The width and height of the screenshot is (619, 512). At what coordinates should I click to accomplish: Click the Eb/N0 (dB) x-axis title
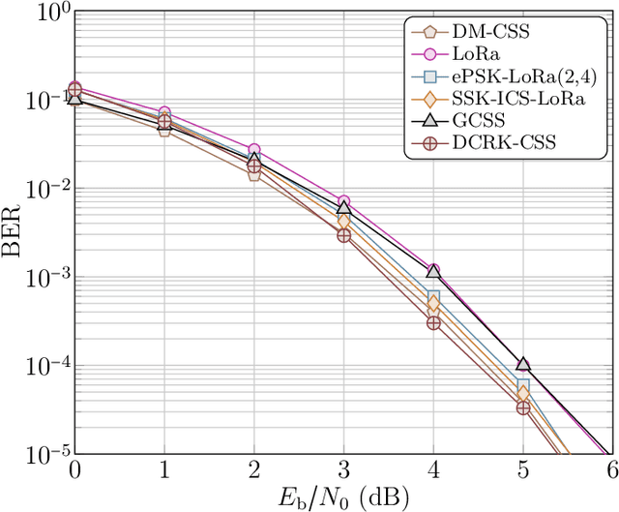click(x=341, y=498)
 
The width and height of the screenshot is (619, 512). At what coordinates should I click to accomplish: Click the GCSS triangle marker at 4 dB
click(x=433, y=271)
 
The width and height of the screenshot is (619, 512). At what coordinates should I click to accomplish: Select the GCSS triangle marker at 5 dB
click(x=522, y=364)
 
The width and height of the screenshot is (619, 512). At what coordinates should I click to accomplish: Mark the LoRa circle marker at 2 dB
click(x=253, y=150)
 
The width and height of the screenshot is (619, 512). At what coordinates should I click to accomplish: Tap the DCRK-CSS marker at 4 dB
click(x=433, y=323)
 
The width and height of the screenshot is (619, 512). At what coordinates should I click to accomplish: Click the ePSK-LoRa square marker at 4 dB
click(x=433, y=297)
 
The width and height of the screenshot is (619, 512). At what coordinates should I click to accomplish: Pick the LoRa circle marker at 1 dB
click(x=164, y=113)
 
